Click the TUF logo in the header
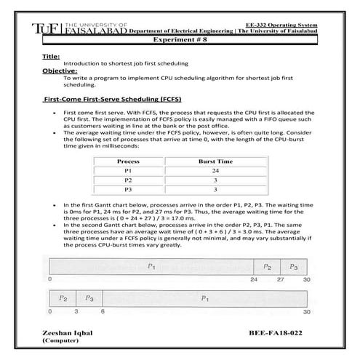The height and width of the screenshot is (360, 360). click(x=43, y=28)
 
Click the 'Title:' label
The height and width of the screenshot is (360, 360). click(x=51, y=56)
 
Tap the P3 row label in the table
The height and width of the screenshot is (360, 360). click(x=128, y=189)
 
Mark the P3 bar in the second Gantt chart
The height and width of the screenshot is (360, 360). click(x=89, y=298)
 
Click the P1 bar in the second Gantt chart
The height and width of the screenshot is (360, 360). click(x=206, y=298)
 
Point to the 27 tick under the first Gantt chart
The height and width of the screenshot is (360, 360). click(x=281, y=279)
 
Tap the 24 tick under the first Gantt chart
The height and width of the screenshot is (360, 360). click(x=254, y=279)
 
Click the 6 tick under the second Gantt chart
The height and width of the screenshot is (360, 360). click(x=103, y=311)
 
